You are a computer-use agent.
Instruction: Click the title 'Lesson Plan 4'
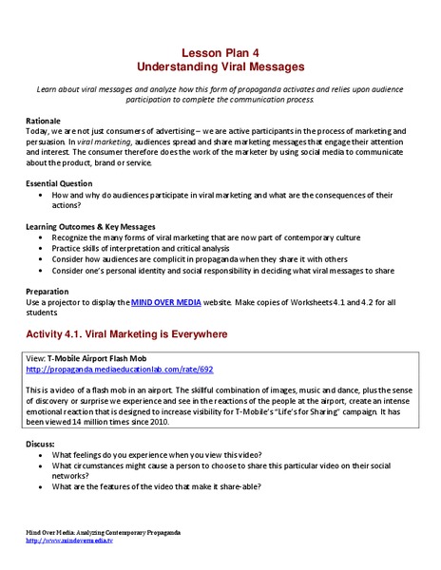[220, 52]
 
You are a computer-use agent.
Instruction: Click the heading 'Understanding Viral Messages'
[220, 67]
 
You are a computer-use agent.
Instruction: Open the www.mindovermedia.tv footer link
[69, 541]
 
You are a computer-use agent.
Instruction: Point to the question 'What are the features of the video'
[157, 486]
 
